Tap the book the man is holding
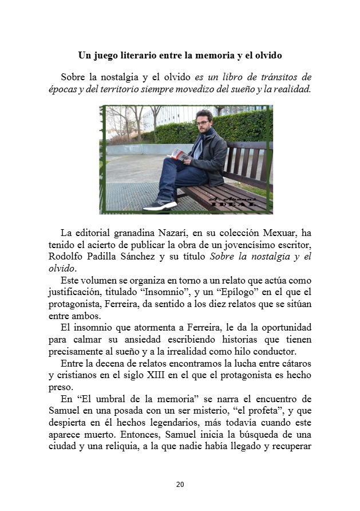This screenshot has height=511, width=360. pyautogui.click(x=177, y=154)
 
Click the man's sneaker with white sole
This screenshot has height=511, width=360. pyautogui.click(x=159, y=205)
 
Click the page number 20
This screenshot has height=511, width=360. pyautogui.click(x=180, y=485)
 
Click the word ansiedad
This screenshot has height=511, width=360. pyautogui.click(x=139, y=339)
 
